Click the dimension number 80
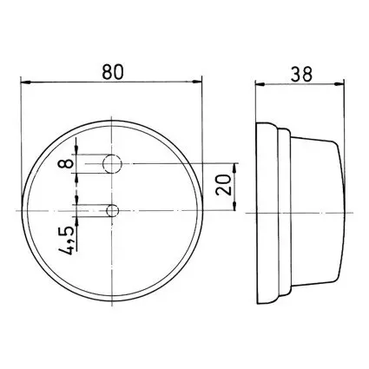(113, 72)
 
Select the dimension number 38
(302, 74)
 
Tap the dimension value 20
(224, 185)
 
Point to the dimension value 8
(65, 164)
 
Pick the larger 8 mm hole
(112, 164)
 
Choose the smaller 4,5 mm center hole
(113, 210)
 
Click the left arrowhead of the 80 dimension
(26, 82)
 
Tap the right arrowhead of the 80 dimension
(197, 82)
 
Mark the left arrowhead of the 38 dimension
(260, 84)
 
